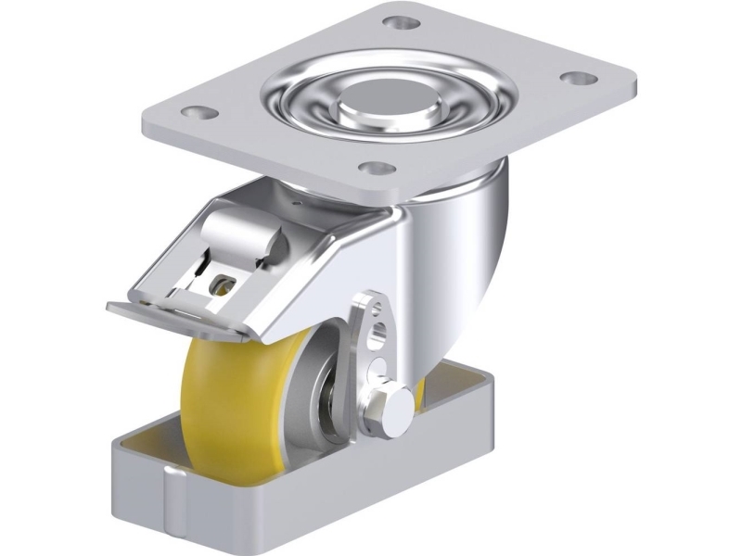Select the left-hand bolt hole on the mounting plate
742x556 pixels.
[x=193, y=113]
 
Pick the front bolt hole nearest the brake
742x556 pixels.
[x=376, y=168]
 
